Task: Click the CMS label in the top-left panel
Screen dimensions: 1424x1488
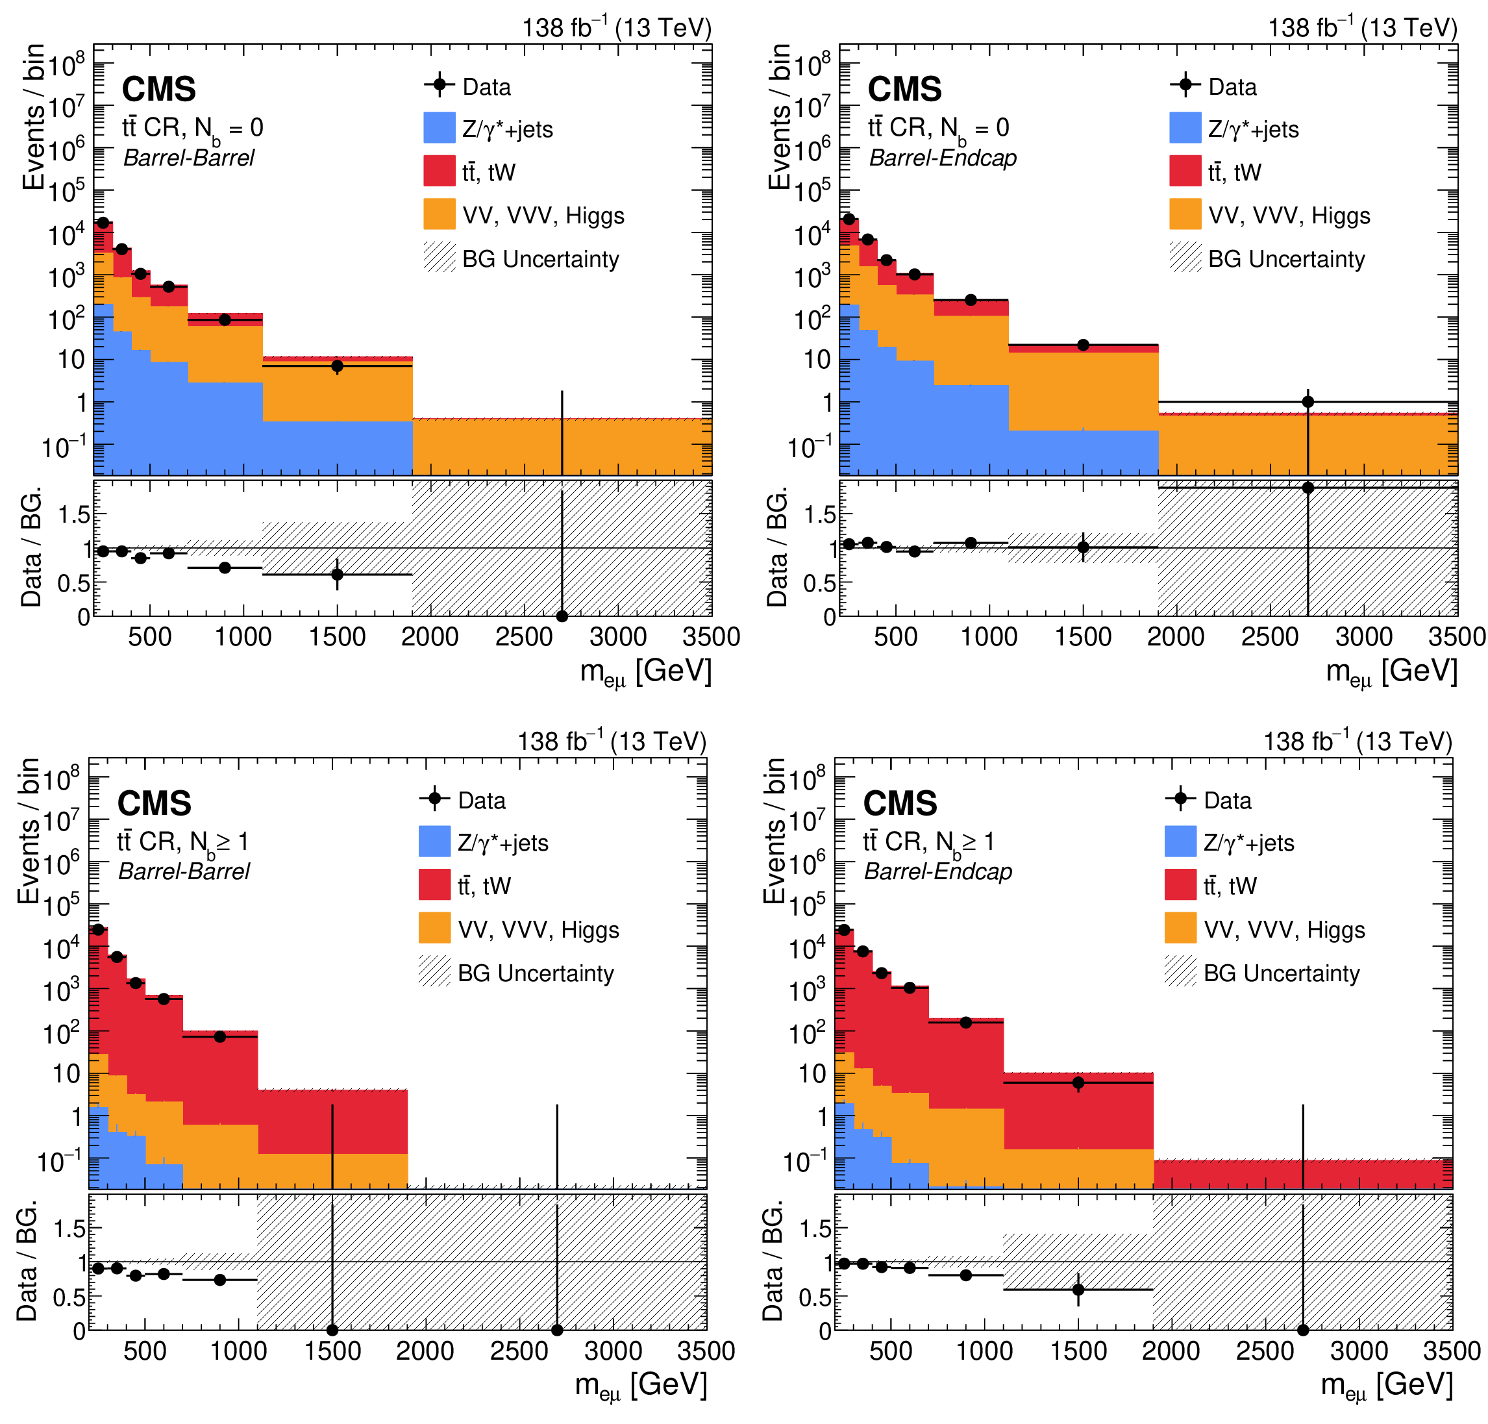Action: (158, 90)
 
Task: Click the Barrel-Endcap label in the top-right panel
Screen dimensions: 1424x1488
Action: (943, 158)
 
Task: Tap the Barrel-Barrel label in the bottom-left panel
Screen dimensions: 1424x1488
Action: (184, 871)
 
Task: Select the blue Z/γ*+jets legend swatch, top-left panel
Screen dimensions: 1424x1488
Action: (439, 127)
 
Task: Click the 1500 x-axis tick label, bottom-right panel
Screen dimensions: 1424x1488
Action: (1078, 1351)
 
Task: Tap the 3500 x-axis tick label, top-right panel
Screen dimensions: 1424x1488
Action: (1456, 637)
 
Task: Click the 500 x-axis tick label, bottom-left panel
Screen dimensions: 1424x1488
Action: (145, 1351)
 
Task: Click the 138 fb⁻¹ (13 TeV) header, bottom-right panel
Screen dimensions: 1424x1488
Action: (1358, 742)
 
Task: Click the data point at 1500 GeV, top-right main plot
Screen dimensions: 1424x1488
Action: (1083, 345)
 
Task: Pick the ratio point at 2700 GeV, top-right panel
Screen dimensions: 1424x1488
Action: (1308, 487)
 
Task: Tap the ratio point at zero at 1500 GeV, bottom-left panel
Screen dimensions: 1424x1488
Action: (332, 1330)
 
